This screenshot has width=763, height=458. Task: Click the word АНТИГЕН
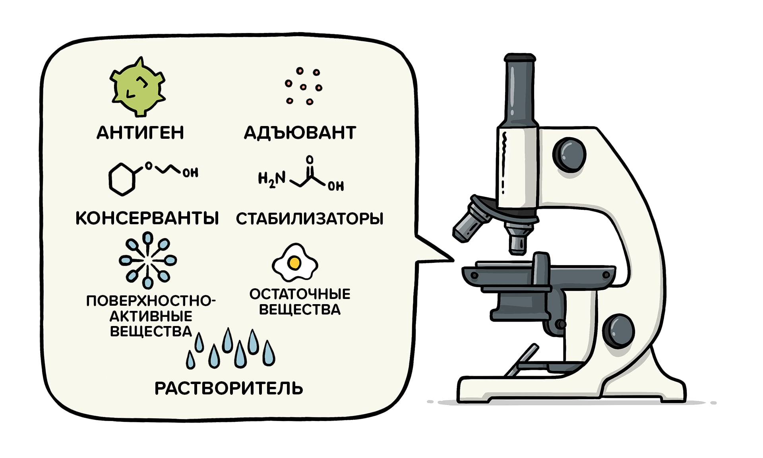(x=140, y=132)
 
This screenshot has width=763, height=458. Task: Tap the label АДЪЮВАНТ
(x=300, y=132)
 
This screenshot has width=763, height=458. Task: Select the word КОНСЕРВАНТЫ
(x=147, y=218)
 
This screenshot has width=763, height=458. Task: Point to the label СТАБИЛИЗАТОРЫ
(x=310, y=219)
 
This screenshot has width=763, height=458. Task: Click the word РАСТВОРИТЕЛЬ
(x=229, y=388)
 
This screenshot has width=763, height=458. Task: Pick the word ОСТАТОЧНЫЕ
(x=300, y=294)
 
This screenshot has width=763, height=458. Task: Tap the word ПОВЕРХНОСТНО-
(x=151, y=301)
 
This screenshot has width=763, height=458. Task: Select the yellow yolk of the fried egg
(x=294, y=263)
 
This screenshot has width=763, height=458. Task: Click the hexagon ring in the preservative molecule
(x=122, y=179)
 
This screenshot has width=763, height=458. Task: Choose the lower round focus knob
(x=618, y=331)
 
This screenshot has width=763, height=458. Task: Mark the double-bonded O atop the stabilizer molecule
(x=310, y=160)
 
